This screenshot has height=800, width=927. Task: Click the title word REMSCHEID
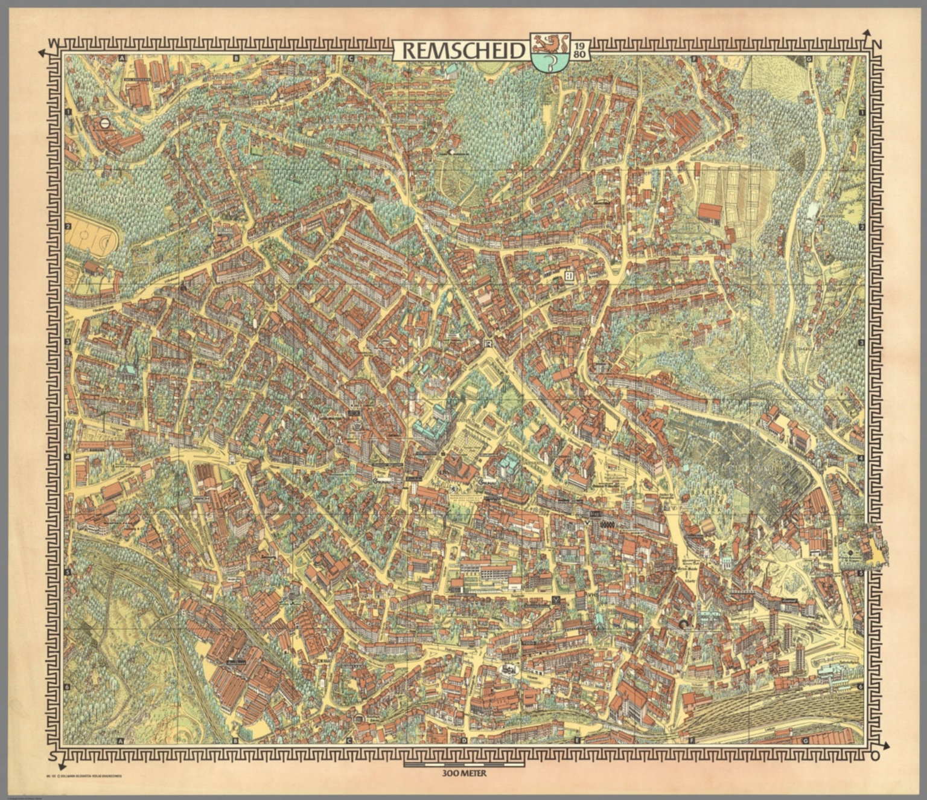click(x=463, y=51)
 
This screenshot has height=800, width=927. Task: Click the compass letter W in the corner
click(x=54, y=43)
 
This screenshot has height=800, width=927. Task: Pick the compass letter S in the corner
click(x=54, y=757)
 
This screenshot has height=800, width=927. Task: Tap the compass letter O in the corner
click(x=874, y=757)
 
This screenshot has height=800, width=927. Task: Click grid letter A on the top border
click(x=122, y=59)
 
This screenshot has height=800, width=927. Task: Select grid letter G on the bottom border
click(x=806, y=740)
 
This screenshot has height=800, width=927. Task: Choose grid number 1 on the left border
click(x=68, y=112)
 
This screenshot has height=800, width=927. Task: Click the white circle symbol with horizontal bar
click(x=105, y=123)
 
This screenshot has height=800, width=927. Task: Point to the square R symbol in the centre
click(x=488, y=344)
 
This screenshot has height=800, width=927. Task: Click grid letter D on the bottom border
click(x=463, y=740)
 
